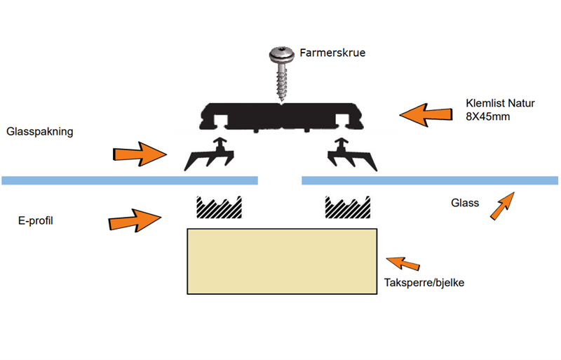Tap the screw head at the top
(280, 53)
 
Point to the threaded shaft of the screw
(282, 81)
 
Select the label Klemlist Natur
(500, 104)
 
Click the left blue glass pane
(130, 180)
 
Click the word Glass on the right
(464, 204)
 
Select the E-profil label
(36, 220)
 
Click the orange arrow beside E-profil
(135, 220)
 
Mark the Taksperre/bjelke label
(425, 284)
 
